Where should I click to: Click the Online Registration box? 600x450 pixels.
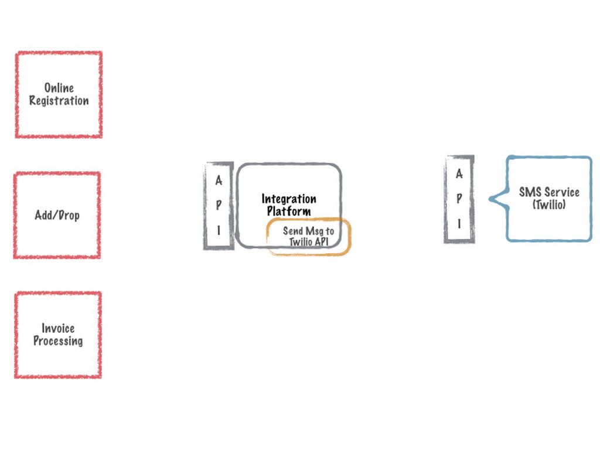[x=59, y=94]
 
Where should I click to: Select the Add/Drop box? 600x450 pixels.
[x=57, y=215]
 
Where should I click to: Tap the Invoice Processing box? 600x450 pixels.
[x=58, y=335]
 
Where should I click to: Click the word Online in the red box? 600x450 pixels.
[x=59, y=88]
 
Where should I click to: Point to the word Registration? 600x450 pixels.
[x=59, y=101]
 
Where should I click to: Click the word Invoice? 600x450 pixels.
[x=58, y=328]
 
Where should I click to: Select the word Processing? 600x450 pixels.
[x=58, y=341]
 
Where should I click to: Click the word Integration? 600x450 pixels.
[x=289, y=199]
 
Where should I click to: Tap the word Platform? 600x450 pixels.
[x=289, y=211]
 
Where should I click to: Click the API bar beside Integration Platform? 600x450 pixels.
[x=219, y=206]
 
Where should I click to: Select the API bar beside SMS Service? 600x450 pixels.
[x=459, y=199]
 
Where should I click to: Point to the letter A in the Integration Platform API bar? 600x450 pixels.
[x=219, y=181]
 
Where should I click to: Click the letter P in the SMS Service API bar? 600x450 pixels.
[x=459, y=198]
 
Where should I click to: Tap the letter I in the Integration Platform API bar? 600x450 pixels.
[x=219, y=230]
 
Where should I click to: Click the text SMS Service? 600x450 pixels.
[x=549, y=192]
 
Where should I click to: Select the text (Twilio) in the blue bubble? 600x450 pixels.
[x=549, y=204]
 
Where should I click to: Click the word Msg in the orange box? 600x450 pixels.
[x=315, y=231]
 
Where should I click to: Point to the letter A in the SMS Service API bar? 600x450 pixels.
[x=459, y=174]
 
